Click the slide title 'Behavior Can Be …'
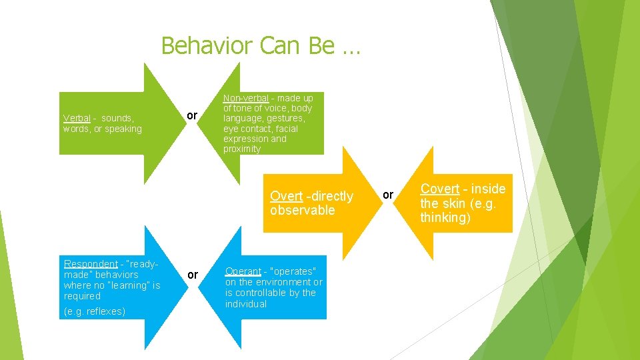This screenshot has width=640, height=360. [x=261, y=46]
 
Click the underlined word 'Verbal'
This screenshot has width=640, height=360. [x=77, y=118]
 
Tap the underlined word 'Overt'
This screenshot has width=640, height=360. [x=286, y=196]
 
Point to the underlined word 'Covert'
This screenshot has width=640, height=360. [x=439, y=189]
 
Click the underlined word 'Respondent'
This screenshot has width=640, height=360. [x=91, y=264]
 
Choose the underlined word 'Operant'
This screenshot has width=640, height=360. [x=243, y=271]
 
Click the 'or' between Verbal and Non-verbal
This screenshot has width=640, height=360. [x=192, y=116]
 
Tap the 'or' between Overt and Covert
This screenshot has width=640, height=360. [x=388, y=194]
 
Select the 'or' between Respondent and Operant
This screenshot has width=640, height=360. [x=192, y=275]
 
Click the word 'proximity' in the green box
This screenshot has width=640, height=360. [x=242, y=149]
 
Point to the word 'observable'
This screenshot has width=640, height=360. [x=302, y=211]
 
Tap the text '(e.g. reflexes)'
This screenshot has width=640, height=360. [x=94, y=311]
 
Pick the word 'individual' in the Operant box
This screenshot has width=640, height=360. [x=245, y=304]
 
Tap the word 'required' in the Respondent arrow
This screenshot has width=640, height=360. [x=82, y=296]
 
